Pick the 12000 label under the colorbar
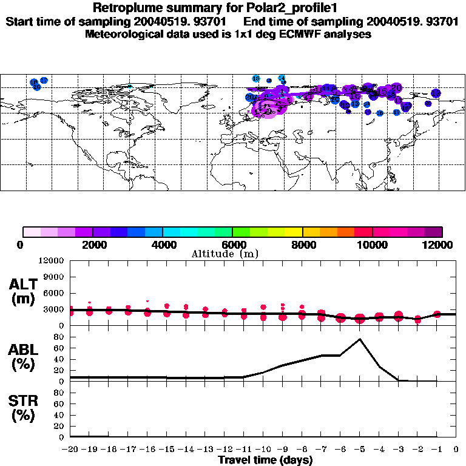tap(441, 245)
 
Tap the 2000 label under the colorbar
tap(93, 245)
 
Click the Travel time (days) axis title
tap(265, 460)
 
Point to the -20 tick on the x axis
tap(70, 449)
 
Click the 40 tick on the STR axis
tap(59, 414)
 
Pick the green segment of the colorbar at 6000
tap(238, 232)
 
